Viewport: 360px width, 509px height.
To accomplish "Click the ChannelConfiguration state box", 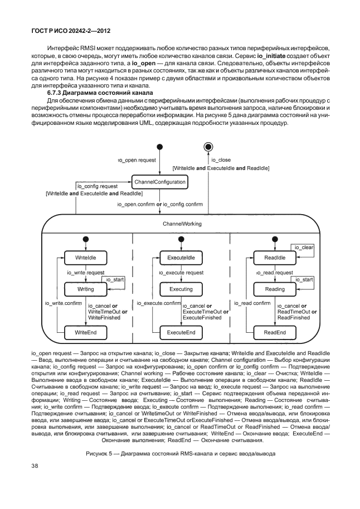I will [159, 182].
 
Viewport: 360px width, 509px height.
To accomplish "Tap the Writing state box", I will [86, 289].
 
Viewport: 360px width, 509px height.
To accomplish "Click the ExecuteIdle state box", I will [181, 257].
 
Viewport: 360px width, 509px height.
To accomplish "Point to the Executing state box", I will [181, 289].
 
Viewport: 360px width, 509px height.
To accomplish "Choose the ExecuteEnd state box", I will [181, 332].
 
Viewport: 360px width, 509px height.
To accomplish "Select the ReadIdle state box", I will [274, 257].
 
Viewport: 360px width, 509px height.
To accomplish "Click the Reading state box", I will [274, 289].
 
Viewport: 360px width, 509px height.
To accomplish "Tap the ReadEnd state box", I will [274, 332].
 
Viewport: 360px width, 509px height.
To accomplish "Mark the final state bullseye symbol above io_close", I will [208, 147].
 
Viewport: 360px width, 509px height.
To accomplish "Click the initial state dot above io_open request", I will [160, 147].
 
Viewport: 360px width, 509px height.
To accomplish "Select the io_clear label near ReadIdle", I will [304, 247].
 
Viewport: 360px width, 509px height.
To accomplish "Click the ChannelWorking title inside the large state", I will [182, 224].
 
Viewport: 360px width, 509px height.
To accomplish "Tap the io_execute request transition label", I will [181, 273].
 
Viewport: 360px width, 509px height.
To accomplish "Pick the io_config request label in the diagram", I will [97, 186].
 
